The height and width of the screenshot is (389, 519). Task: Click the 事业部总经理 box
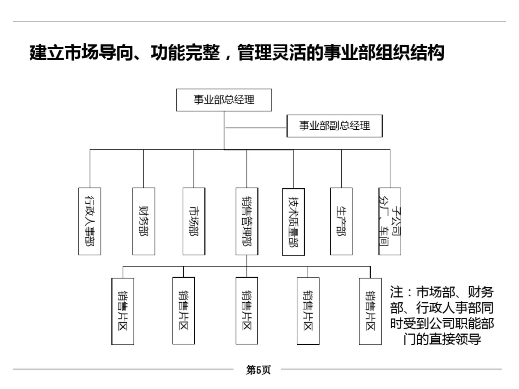[224, 100]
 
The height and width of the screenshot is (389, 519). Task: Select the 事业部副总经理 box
[334, 126]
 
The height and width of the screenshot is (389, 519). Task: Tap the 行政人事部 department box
[90, 221]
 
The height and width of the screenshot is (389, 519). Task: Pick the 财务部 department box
[143, 221]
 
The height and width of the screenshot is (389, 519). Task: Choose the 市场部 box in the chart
[194, 221]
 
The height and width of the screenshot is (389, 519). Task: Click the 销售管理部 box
[247, 221]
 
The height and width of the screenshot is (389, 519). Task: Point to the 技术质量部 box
[293, 221]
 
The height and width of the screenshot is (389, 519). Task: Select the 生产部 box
[341, 221]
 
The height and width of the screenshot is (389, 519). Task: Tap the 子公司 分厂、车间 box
[390, 221]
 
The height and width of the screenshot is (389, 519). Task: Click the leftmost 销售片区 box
[123, 311]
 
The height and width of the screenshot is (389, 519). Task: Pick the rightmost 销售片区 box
[370, 311]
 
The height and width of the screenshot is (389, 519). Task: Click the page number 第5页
[258, 370]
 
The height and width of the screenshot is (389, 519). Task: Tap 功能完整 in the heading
[185, 52]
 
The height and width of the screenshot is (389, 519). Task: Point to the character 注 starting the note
[397, 292]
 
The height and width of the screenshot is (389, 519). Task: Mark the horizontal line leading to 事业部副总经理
[256, 128]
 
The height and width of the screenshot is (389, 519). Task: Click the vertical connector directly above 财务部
[143, 169]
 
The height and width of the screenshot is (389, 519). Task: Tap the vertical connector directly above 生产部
[341, 169]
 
